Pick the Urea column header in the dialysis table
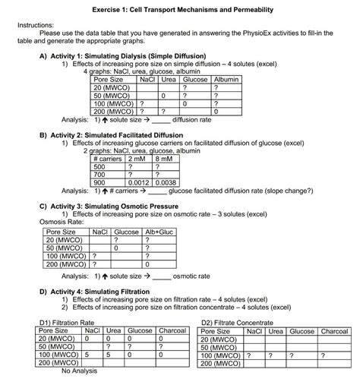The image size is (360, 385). click(168, 79)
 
